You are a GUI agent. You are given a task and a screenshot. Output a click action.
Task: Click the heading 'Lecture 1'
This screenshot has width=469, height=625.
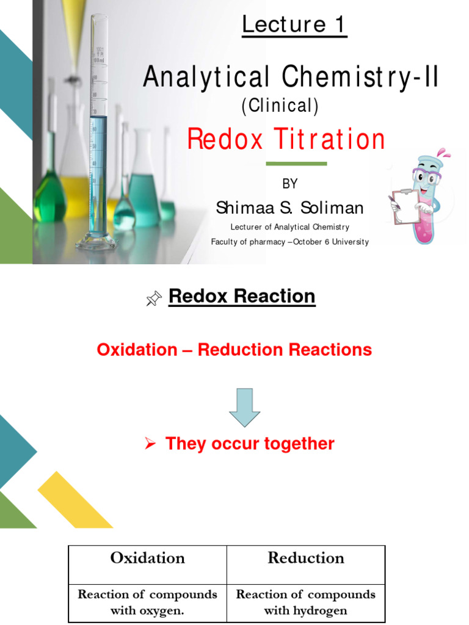(x=294, y=25)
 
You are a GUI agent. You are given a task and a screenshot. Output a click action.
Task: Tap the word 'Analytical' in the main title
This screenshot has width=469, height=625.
(x=206, y=78)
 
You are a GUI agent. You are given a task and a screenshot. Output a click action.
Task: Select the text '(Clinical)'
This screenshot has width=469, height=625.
(x=280, y=106)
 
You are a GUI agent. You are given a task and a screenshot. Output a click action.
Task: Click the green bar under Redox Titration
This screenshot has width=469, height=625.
(x=297, y=164)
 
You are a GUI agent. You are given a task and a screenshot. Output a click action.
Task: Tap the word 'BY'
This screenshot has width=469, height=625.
(x=290, y=184)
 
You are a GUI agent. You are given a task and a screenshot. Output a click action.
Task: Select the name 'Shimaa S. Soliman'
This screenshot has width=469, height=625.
(x=289, y=208)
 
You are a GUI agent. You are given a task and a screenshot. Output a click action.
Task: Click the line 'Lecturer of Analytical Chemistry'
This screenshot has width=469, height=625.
(x=290, y=227)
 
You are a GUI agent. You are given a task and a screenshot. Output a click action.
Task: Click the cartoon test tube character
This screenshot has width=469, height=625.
(x=421, y=196)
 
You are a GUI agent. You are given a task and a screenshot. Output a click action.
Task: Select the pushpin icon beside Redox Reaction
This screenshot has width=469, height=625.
(x=154, y=298)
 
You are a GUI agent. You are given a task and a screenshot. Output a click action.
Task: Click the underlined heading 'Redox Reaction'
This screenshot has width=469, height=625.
(x=242, y=297)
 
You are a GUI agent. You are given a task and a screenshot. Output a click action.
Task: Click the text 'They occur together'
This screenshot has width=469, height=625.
(x=250, y=444)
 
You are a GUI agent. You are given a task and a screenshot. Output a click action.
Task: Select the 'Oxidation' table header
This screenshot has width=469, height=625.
(x=148, y=558)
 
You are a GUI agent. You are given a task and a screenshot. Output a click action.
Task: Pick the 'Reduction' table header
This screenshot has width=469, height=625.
(x=305, y=558)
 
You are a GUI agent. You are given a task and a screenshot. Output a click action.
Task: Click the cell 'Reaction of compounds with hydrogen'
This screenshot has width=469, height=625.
(x=305, y=602)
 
